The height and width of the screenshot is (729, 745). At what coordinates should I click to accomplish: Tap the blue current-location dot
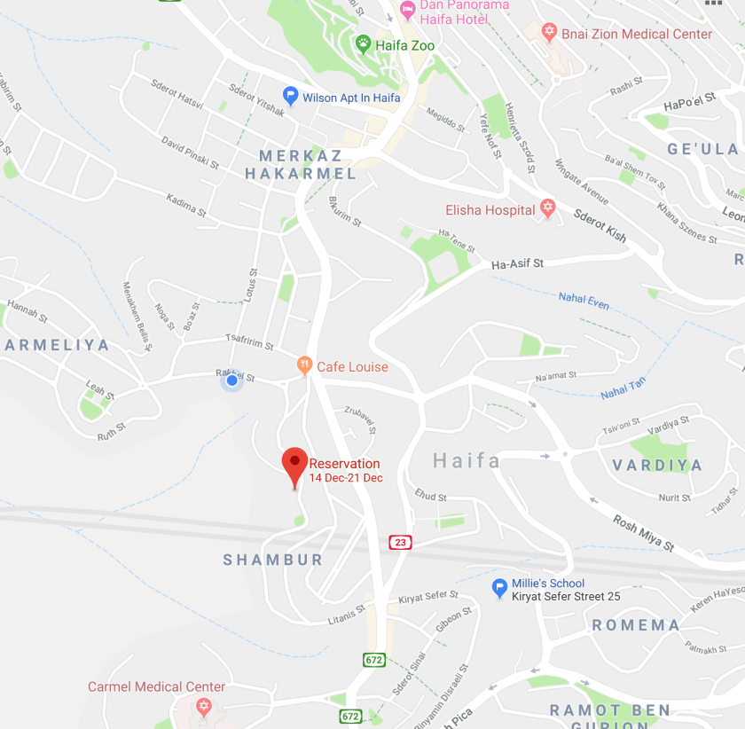coord(231,380)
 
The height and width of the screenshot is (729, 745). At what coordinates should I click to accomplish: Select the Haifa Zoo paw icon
coord(363,43)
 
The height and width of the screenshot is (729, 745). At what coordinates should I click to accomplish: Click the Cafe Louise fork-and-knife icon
coord(304,365)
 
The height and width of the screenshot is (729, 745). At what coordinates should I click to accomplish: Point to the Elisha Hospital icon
coord(548,209)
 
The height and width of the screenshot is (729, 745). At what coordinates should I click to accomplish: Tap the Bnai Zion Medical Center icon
coord(549,34)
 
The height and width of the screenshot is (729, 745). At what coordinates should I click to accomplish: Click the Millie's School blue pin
coord(499,586)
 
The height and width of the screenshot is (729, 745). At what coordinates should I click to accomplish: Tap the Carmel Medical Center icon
coord(204,707)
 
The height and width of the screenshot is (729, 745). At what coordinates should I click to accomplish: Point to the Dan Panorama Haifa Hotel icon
coord(408,10)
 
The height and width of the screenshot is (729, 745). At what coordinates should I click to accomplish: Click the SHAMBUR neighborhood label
coord(273,560)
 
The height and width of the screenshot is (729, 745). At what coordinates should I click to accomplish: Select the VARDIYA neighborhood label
coord(657,465)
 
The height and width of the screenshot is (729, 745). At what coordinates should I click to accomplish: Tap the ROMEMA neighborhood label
coord(636,624)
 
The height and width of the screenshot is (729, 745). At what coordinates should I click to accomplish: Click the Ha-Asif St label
coord(517,263)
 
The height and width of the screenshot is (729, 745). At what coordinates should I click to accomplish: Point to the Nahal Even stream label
coord(584,301)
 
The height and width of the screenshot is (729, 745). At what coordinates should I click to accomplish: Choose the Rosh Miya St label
coord(644,533)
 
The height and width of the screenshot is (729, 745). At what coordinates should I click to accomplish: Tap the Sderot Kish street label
coord(600,226)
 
